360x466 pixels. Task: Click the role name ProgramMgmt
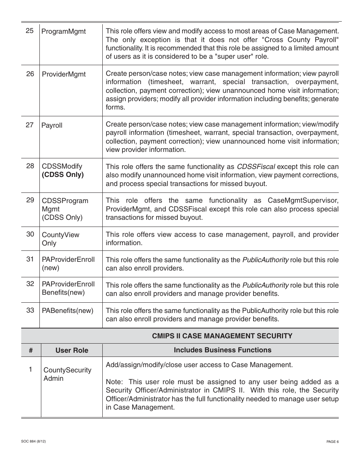[x=63, y=31]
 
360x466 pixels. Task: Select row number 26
[x=30, y=74]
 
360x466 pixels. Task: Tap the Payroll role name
[x=52, y=125]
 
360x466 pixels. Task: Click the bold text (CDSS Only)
[x=63, y=175]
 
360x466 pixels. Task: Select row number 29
[x=30, y=200]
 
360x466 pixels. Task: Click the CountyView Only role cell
[x=60, y=239]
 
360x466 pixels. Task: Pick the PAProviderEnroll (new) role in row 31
[x=68, y=264]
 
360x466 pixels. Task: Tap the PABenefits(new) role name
[x=67, y=311]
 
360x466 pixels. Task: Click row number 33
[x=30, y=310]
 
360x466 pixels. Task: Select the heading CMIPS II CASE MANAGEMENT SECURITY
[x=222, y=336]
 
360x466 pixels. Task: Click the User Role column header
[x=72, y=350]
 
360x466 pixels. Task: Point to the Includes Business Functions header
[x=222, y=350]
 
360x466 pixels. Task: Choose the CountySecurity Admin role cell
[x=67, y=374]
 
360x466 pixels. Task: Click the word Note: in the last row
[x=114, y=382]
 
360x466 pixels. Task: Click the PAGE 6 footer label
[x=332, y=442]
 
